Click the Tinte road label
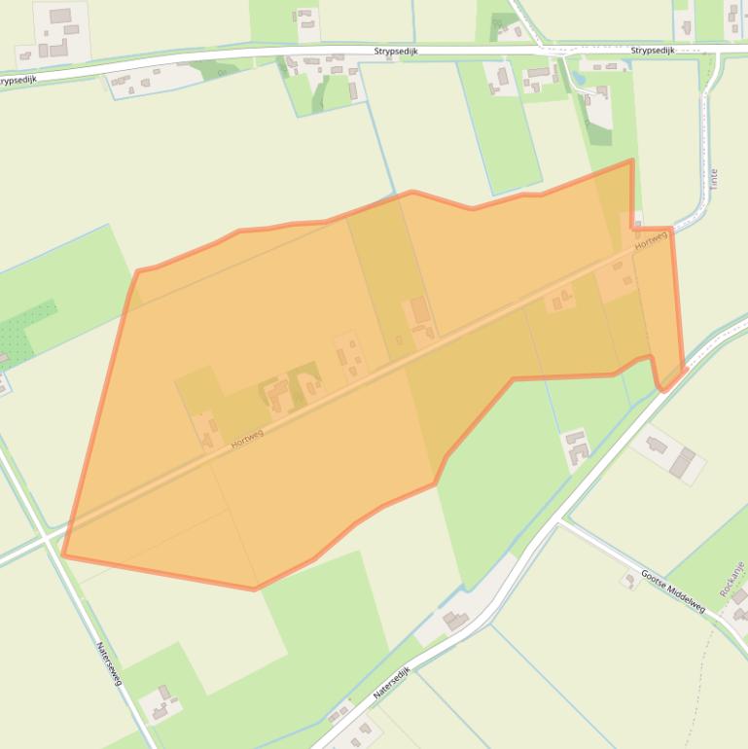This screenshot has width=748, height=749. pos(714,179)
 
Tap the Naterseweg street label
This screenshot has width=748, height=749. pos(109,663)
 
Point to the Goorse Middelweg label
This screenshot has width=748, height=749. pos(673,590)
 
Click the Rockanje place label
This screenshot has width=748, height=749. pos(731,579)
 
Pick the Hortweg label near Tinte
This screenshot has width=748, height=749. pos(652,241)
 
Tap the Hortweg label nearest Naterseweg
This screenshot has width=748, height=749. pos(247,440)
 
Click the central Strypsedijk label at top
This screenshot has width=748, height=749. pos(396,51)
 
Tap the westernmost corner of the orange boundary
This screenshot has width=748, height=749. pos(63,555)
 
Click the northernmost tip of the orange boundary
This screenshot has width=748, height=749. pos(632,160)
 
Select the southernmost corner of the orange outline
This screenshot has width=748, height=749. pos(255,588)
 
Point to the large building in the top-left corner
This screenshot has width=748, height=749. pos(60,17)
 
